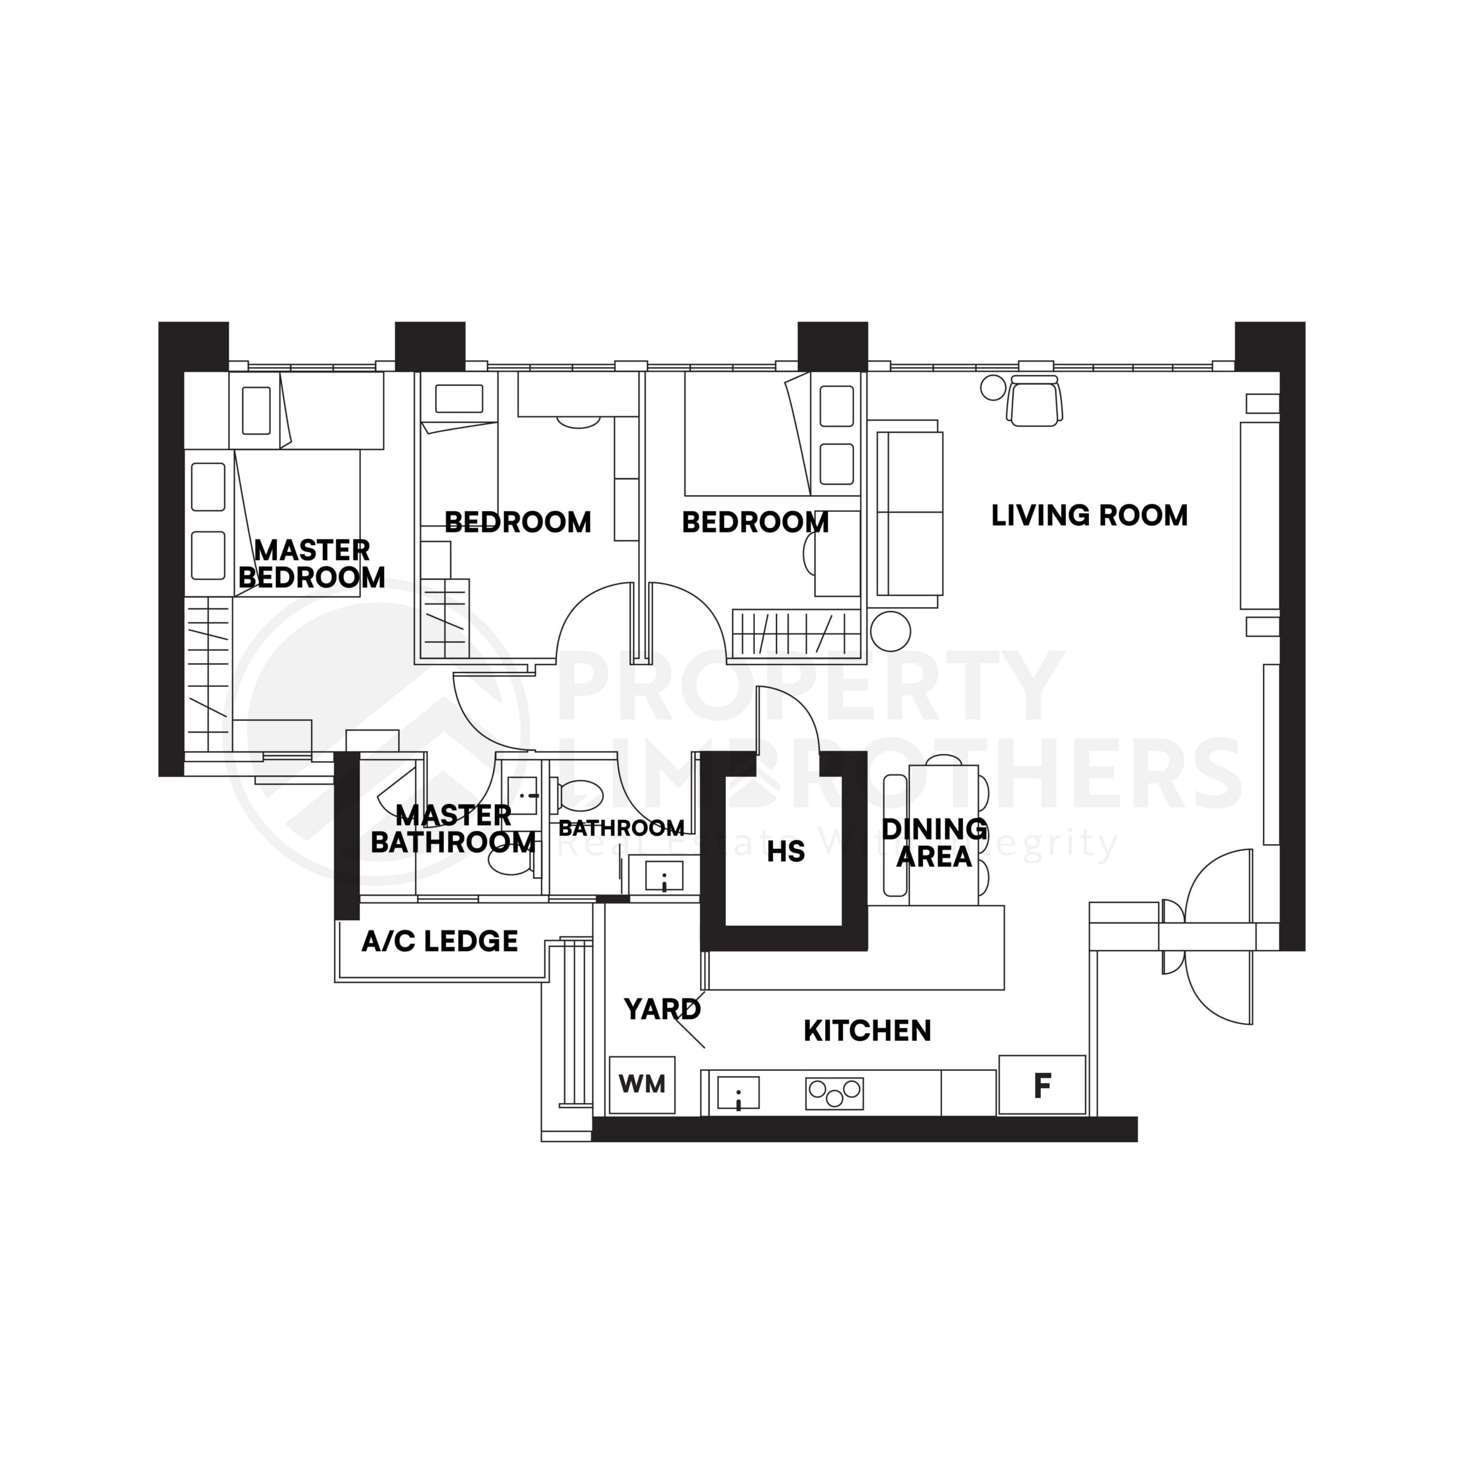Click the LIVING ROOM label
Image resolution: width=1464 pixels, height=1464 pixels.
[x=1089, y=516]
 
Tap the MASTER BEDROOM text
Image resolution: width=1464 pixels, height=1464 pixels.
[x=312, y=564]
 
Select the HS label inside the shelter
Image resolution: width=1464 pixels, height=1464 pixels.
[x=785, y=852]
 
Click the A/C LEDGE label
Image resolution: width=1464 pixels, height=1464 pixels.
[x=440, y=941]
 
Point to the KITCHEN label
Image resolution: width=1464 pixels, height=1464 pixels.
[x=867, y=1031]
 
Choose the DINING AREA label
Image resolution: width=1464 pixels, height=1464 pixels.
[x=934, y=842]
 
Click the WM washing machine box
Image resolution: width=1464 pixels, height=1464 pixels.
[x=642, y=1084]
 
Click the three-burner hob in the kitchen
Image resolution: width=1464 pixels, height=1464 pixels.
[x=834, y=1093]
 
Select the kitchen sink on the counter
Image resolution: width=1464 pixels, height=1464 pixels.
[x=738, y=1093]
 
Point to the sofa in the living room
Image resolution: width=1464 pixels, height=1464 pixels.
[x=909, y=514]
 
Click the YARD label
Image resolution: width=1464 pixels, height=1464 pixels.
[x=662, y=1009]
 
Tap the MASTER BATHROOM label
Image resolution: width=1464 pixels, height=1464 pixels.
[x=453, y=829]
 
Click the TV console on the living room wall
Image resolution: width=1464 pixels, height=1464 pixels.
[x=1259, y=515]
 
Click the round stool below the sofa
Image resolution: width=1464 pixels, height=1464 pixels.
[x=890, y=630]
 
